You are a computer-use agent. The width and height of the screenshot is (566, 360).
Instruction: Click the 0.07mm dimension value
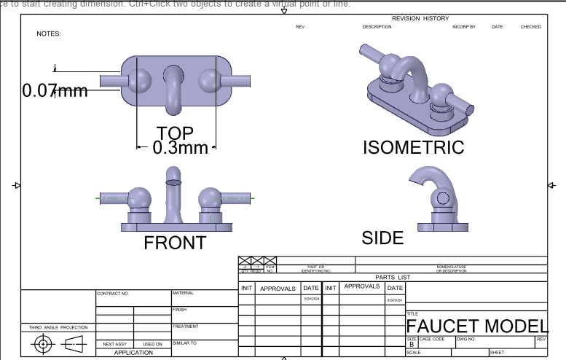(x=55, y=91)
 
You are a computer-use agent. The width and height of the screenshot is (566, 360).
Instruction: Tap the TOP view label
(x=175, y=133)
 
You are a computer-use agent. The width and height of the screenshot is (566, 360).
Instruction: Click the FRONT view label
(x=175, y=243)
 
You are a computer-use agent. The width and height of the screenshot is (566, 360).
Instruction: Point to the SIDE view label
(x=382, y=238)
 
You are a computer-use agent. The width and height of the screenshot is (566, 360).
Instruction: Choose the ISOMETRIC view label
(x=413, y=148)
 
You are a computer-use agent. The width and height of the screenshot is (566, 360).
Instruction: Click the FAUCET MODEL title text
(x=476, y=326)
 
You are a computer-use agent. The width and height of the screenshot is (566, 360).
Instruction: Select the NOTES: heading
(x=49, y=34)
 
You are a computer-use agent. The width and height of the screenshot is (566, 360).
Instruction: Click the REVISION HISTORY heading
(x=420, y=18)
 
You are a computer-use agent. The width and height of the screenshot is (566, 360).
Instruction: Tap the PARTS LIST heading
(x=393, y=277)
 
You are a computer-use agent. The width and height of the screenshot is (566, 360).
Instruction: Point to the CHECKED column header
(x=530, y=27)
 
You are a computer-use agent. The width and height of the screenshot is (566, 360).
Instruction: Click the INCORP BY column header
(x=464, y=27)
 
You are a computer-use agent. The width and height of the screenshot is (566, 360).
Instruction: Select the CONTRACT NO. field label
(x=113, y=294)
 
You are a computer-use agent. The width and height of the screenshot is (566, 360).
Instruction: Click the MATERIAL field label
(x=183, y=293)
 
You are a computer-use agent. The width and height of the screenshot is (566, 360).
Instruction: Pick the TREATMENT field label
(x=185, y=326)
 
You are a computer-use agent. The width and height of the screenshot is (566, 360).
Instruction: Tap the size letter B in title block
(x=412, y=345)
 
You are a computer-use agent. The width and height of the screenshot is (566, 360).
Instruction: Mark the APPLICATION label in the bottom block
(x=133, y=353)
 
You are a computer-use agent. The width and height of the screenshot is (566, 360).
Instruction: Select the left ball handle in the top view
(x=139, y=79)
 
